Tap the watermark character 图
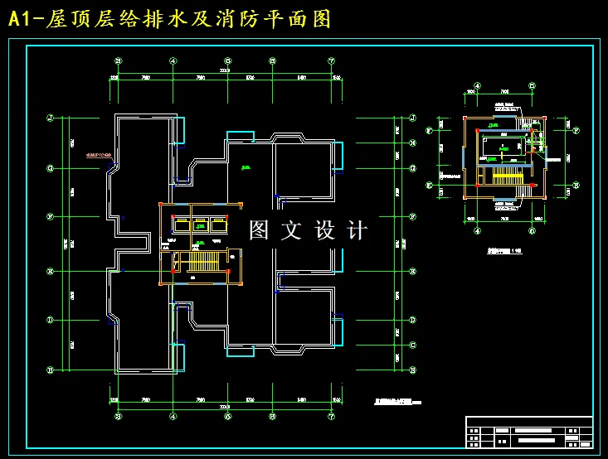click(x=260, y=230)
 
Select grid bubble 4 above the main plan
click(x=173, y=60)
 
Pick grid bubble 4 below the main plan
click(x=173, y=417)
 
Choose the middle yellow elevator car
click(x=201, y=224)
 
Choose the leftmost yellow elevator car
click(x=179, y=224)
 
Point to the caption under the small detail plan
click(x=505, y=249)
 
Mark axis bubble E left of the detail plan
click(x=430, y=185)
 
